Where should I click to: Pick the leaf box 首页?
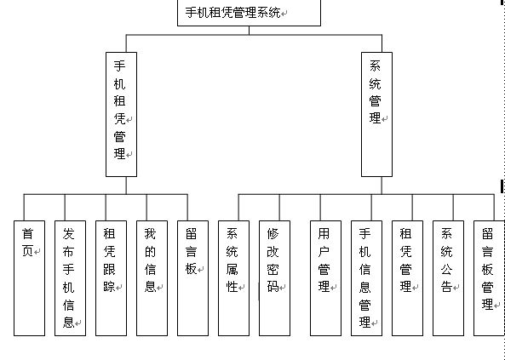point(29,277)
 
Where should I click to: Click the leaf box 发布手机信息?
point(70,277)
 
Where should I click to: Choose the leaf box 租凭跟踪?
point(111,277)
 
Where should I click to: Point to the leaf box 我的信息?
point(152,277)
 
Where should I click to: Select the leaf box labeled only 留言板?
point(192,277)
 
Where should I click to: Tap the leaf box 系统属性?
point(233,277)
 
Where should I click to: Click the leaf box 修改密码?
point(275,277)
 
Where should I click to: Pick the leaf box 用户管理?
point(325,277)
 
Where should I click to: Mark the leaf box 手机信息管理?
point(366,277)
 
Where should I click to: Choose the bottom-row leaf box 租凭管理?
point(408,277)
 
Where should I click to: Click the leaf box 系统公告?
point(449,277)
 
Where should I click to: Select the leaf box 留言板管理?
point(489,277)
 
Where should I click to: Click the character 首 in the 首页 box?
point(28,233)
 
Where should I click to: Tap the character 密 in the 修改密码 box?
point(273,270)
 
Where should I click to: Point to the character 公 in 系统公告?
point(446,270)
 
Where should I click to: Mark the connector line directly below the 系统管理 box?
point(382,186)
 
